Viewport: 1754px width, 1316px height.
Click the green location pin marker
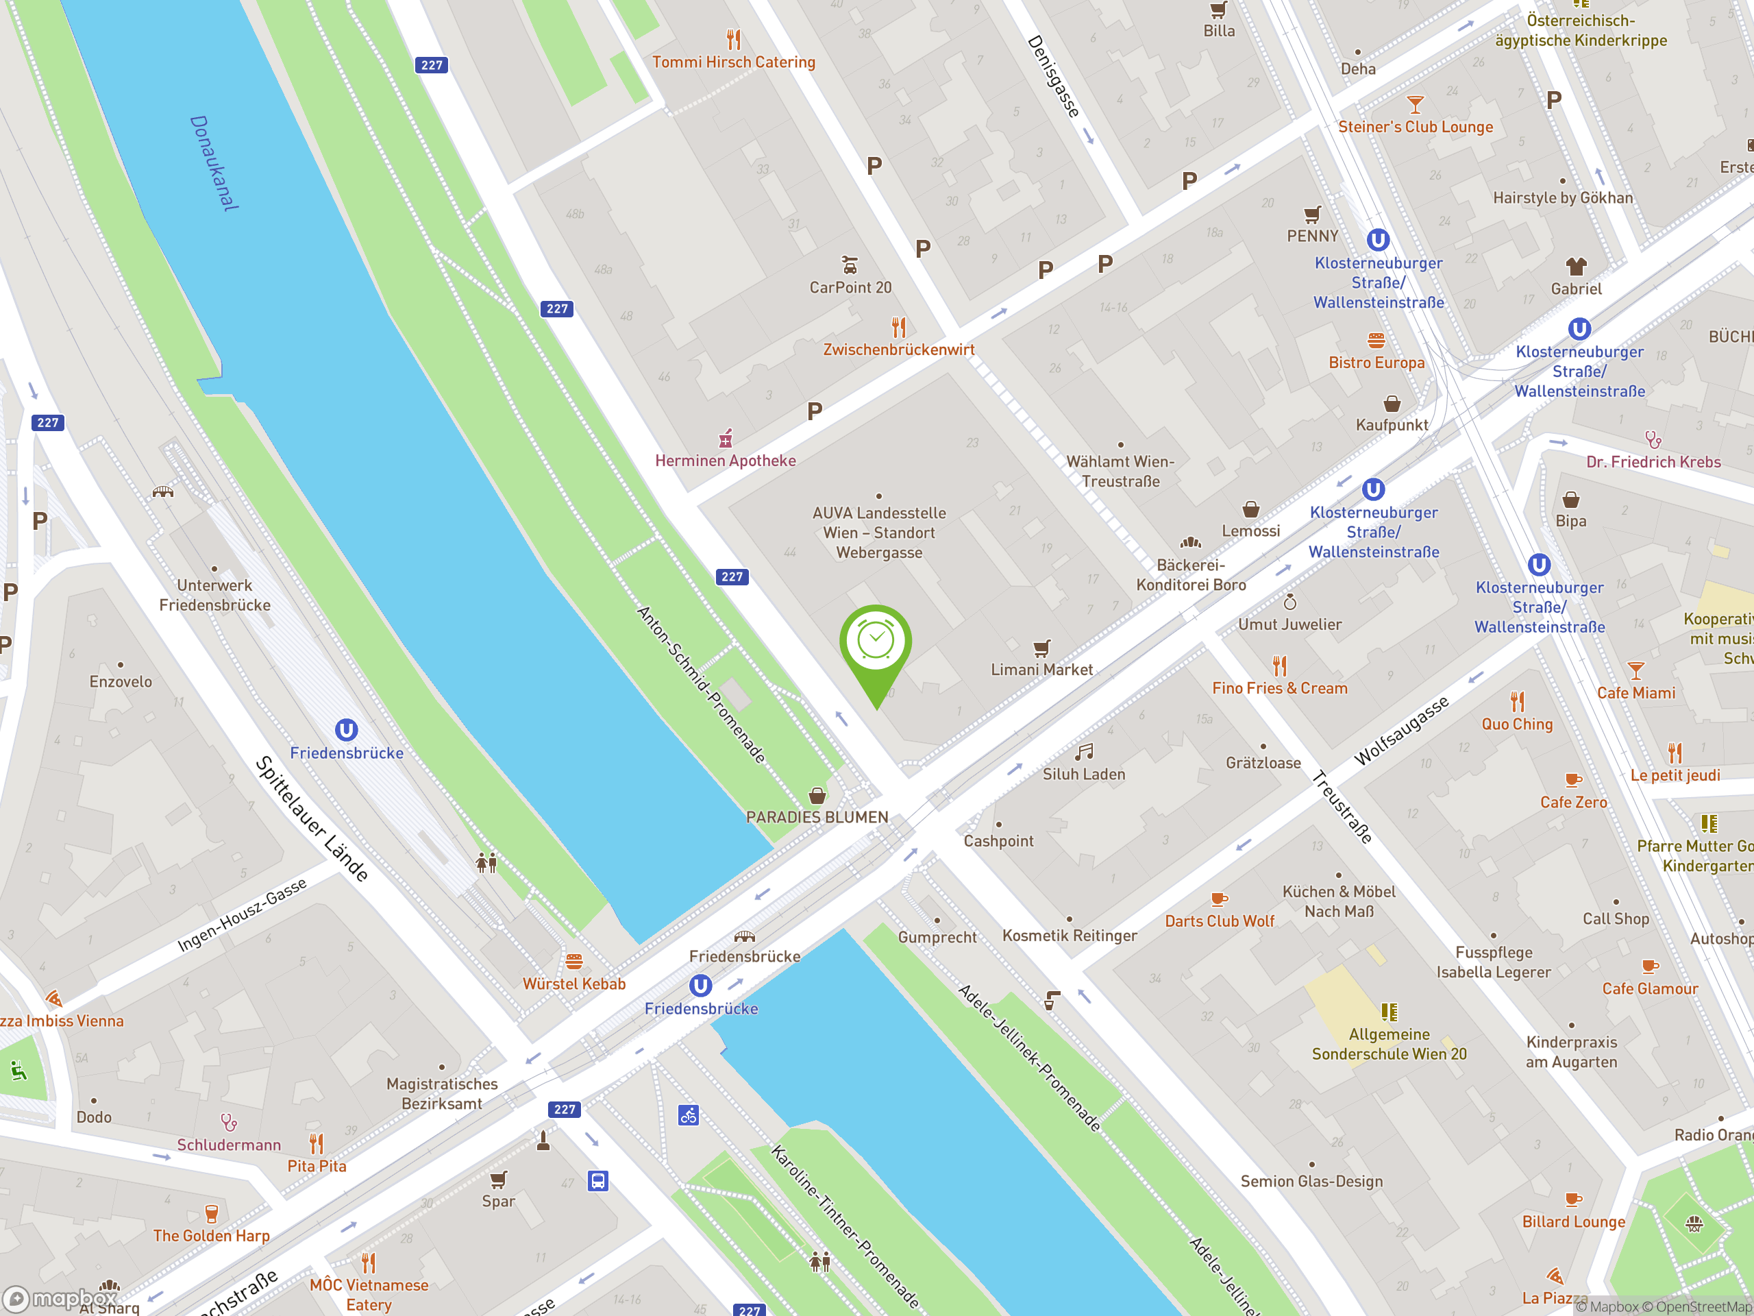point(876,644)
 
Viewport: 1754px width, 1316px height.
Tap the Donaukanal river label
point(213,163)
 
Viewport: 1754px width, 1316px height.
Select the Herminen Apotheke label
point(725,460)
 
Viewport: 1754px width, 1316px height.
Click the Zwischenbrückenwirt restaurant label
point(898,349)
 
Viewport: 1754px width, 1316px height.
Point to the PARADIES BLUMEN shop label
point(817,817)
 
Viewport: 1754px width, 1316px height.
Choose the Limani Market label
point(1041,670)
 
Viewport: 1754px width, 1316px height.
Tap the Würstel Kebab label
point(574,984)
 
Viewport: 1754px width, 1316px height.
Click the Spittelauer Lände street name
point(312,818)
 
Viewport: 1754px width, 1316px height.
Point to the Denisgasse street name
point(1053,76)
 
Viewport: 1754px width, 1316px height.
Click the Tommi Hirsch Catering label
point(734,62)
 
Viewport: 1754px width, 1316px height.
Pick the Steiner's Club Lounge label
point(1416,127)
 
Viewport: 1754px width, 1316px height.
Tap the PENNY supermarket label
point(1312,236)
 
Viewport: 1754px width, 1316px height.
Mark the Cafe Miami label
point(1636,692)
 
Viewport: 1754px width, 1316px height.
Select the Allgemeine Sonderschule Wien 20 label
point(1389,1044)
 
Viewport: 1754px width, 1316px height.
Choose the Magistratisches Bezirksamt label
point(442,1093)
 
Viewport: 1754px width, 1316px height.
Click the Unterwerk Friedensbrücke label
point(215,595)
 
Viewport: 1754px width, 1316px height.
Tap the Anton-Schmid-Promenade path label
point(701,685)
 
